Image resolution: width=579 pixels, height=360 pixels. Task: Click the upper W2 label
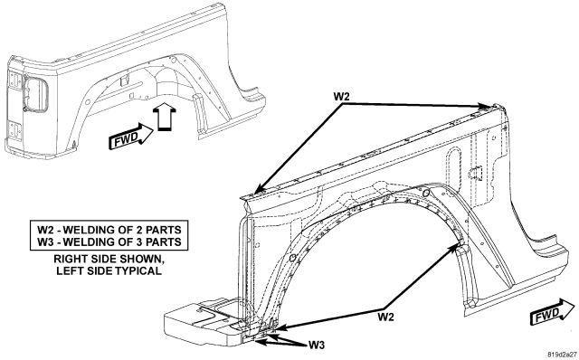click(x=341, y=97)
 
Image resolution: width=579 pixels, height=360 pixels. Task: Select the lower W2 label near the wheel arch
click(x=386, y=317)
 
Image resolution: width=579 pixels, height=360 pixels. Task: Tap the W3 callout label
click(x=317, y=346)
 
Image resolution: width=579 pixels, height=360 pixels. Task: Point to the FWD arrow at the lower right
click(x=553, y=312)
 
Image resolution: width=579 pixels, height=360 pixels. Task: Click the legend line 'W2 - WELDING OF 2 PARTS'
click(x=109, y=230)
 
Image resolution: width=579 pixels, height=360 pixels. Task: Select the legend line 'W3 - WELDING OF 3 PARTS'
click(x=109, y=242)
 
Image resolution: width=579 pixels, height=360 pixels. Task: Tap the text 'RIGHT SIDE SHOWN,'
click(x=109, y=259)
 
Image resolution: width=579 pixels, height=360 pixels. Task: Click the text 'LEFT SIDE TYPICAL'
click(x=109, y=270)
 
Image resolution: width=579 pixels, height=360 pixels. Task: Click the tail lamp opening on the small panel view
click(x=35, y=93)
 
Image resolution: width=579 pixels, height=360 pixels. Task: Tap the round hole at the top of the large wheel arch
click(x=425, y=193)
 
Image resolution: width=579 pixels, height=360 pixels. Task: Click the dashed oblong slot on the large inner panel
click(x=453, y=162)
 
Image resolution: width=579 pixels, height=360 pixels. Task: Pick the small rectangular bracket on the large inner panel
click(x=477, y=173)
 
